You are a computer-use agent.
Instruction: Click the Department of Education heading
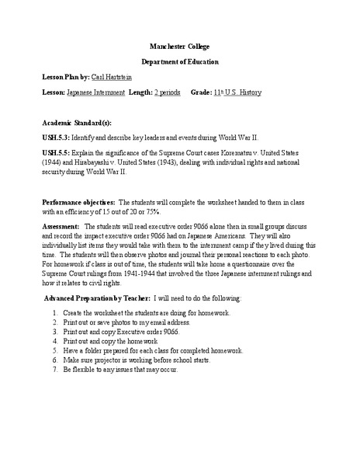(x=179, y=61)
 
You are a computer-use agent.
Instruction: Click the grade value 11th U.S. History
(x=240, y=92)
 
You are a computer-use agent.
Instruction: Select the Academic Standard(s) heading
(x=77, y=122)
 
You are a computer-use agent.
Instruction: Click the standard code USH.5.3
(x=58, y=137)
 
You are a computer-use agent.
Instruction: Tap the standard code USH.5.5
(x=58, y=154)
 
